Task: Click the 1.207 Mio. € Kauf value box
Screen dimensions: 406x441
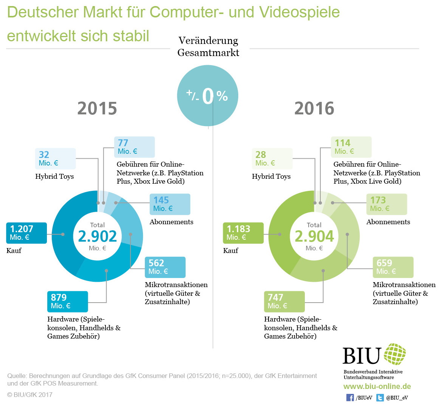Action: [x=26, y=233]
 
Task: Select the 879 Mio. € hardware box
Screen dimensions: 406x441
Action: [x=67, y=301]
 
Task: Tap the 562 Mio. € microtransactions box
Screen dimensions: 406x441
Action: [x=165, y=267]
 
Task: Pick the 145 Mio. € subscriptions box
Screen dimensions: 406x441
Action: [x=170, y=204]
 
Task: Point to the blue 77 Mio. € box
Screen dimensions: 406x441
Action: [x=134, y=147]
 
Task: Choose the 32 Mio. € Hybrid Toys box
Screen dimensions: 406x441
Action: [x=55, y=159]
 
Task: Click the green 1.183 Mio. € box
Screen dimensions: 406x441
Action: [x=243, y=233]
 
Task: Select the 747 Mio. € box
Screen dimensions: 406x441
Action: [x=284, y=301]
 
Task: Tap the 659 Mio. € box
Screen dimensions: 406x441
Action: [x=393, y=267]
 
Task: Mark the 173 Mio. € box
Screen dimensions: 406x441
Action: [x=387, y=204]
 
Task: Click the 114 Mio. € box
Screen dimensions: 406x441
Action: [x=351, y=147]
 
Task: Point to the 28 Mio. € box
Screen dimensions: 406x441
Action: [x=272, y=159]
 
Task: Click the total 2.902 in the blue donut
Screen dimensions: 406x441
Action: [x=98, y=236]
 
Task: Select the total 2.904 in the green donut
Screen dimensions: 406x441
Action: [x=314, y=236]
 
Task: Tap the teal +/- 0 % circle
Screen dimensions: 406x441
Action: [x=208, y=95]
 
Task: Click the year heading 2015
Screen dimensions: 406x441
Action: [x=97, y=109]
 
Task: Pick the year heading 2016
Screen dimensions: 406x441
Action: [x=314, y=109]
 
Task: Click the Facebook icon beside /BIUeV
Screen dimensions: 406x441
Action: [x=350, y=398]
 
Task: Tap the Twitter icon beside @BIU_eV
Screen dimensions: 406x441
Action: [x=380, y=398]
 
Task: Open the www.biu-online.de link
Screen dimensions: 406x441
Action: [x=377, y=387]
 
